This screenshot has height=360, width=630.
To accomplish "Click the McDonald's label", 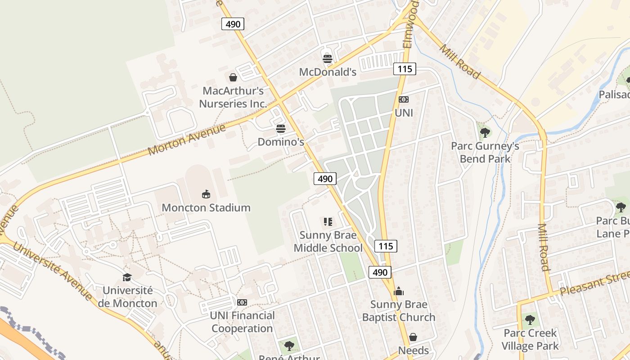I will point(328,72).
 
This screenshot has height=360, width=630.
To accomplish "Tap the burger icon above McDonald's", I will point(328,59).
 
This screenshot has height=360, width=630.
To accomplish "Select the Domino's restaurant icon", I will point(281,129).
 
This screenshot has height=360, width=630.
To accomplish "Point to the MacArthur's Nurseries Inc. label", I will point(233,97).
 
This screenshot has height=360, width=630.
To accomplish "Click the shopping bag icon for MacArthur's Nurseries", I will point(233,77).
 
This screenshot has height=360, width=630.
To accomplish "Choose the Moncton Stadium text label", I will point(206,208).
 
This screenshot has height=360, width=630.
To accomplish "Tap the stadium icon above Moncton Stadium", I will point(206,194).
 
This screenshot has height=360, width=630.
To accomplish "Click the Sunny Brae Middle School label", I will point(328,242).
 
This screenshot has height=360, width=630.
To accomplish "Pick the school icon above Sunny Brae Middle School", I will point(328,221).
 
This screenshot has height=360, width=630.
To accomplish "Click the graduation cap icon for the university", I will point(127,277).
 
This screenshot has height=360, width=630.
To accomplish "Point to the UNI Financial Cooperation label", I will point(242,322).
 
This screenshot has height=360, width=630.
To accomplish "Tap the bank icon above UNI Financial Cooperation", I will point(242,302).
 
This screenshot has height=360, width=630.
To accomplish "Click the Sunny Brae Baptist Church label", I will point(399,311).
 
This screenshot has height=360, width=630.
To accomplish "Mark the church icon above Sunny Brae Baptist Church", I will point(399,292).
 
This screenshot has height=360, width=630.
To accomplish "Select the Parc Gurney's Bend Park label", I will point(485,153).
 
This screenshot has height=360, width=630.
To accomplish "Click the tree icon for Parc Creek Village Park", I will point(530,320).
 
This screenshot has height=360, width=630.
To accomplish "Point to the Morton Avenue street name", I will point(186,140).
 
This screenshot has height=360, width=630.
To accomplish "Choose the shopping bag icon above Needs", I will point(413,337).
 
